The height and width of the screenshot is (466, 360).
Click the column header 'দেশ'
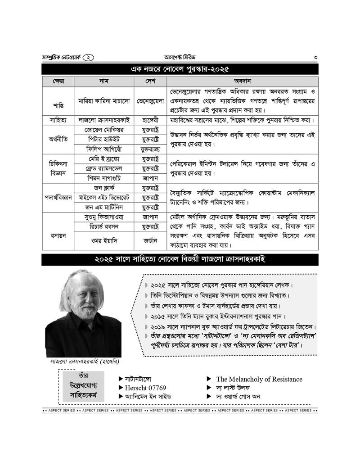[x=150, y=81]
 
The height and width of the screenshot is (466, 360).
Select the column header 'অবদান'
[x=242, y=81]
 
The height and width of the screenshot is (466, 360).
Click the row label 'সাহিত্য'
[x=58, y=120]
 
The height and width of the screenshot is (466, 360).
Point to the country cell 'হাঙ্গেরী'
[x=150, y=120]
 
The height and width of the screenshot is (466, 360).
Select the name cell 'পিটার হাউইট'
[x=104, y=139]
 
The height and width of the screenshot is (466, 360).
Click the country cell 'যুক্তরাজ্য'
[x=150, y=149]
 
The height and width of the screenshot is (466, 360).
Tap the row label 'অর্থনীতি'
[x=58, y=139]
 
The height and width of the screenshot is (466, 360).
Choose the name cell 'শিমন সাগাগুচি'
[x=104, y=178]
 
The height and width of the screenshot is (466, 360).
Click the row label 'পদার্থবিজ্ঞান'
[x=58, y=197]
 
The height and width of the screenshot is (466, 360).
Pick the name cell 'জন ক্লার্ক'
[x=104, y=187]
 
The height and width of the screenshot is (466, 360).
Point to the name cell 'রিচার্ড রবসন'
[x=104, y=226]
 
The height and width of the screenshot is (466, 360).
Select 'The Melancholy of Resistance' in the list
[x=259, y=379]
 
